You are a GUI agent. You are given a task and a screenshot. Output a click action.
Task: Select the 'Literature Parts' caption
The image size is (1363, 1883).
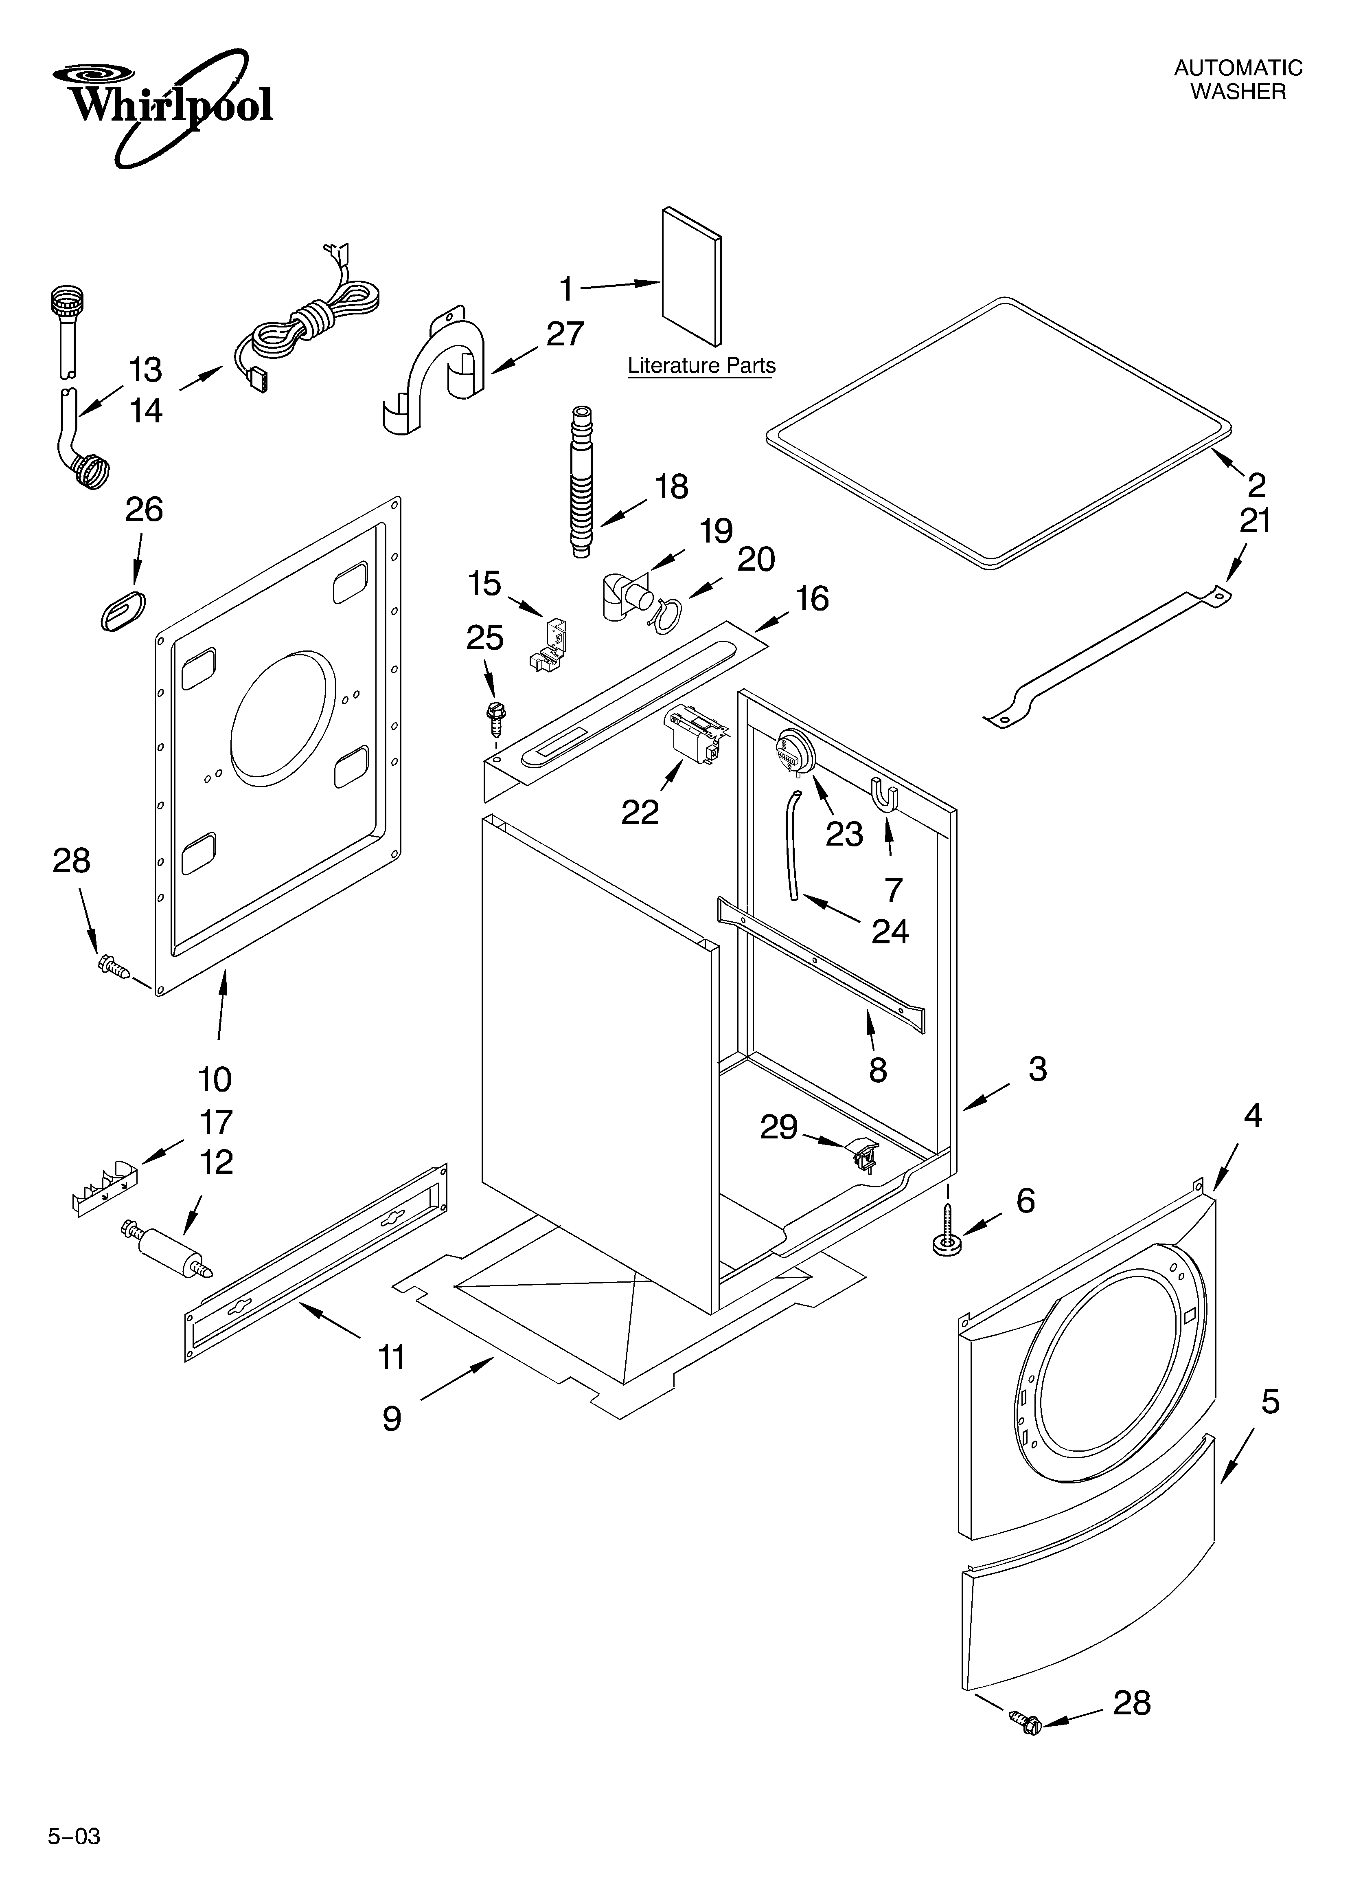pyautogui.click(x=701, y=365)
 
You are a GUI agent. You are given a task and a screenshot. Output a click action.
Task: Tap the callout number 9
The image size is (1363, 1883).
pyautogui.click(x=392, y=1418)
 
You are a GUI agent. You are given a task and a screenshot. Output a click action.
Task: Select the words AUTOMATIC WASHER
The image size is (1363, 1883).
pyautogui.click(x=1238, y=80)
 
